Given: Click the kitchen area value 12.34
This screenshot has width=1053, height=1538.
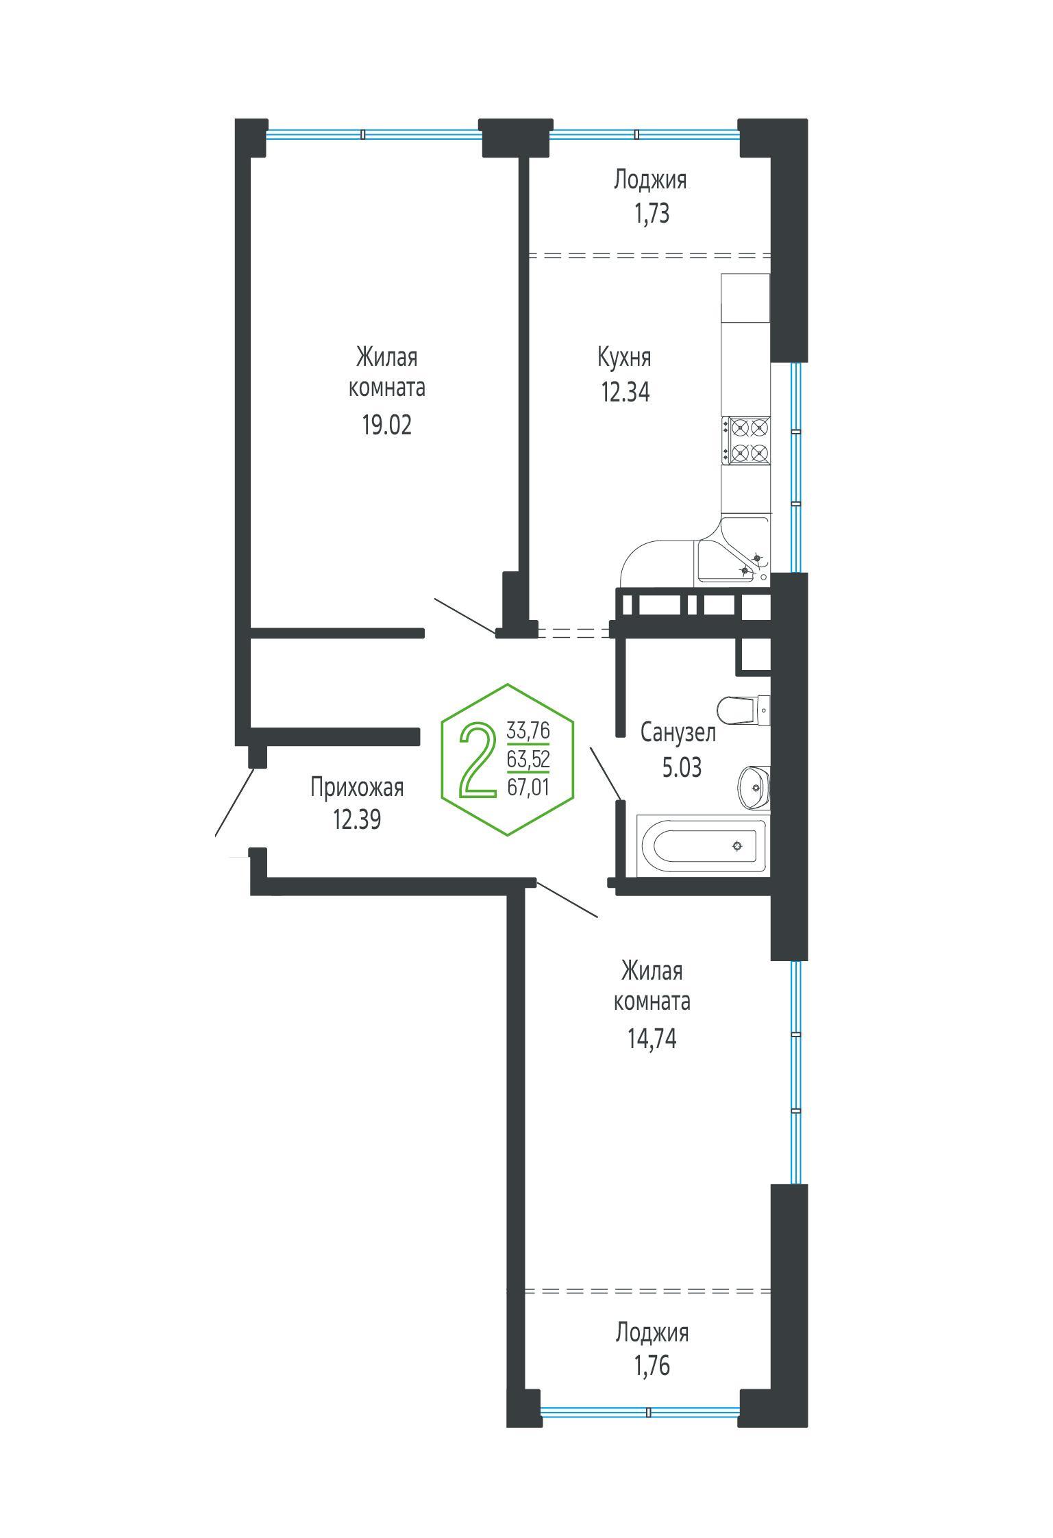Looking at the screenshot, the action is [x=625, y=393].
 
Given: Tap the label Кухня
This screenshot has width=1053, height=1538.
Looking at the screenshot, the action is [x=625, y=358].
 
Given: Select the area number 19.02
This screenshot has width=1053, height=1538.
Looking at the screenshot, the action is [x=387, y=425].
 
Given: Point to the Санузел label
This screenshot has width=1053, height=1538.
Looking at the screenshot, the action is [x=678, y=733].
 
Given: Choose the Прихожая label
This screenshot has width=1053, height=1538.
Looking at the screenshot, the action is [x=357, y=788].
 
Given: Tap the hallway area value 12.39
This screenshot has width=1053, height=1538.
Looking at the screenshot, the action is [x=357, y=819].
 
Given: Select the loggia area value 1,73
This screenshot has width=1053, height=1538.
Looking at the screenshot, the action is [x=651, y=214].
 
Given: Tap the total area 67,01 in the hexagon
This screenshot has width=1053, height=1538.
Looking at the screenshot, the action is [x=528, y=789].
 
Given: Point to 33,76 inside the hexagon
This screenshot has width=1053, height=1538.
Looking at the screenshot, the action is [x=528, y=731].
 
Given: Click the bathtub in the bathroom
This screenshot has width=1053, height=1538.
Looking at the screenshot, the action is [x=704, y=845].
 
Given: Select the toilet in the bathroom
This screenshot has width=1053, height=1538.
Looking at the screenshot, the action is [x=744, y=710].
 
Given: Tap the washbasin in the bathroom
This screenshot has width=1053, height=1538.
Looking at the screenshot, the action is [x=754, y=787].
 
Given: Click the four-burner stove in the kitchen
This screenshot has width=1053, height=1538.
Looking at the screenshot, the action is [x=746, y=441].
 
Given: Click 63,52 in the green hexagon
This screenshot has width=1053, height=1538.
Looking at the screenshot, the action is [x=528, y=760].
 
